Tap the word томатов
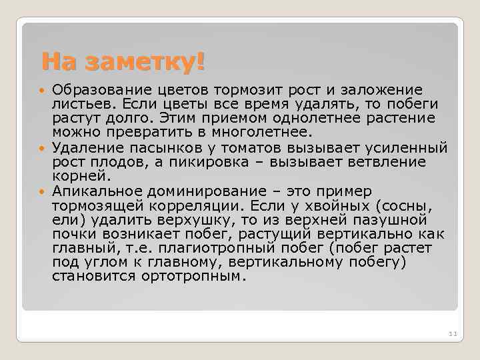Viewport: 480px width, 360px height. (262, 148)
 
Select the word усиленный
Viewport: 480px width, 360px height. (403, 148)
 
